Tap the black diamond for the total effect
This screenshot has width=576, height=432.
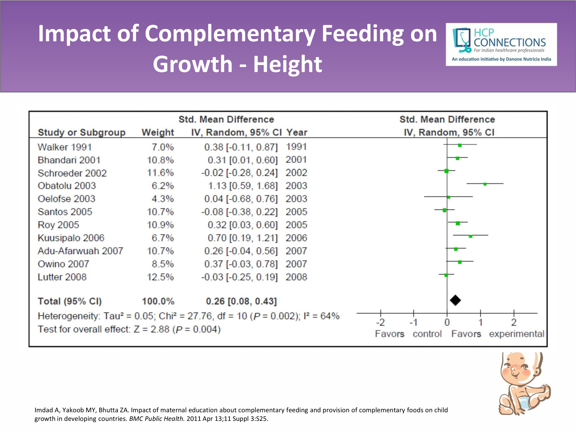coord(455,300)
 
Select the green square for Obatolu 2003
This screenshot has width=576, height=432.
coord(485,184)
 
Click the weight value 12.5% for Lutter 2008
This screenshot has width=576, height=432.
coord(160,277)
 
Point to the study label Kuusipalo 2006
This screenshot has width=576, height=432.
coord(71,238)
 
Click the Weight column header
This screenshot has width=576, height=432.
coord(158,132)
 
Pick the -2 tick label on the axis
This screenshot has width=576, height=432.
coord(380,322)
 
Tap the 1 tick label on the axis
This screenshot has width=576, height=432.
coord(480,322)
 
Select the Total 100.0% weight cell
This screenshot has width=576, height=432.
coord(158,301)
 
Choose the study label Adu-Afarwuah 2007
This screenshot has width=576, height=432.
coord(80,251)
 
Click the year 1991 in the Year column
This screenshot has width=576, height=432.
coord(296,147)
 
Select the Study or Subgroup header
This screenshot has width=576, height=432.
coord(82,132)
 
